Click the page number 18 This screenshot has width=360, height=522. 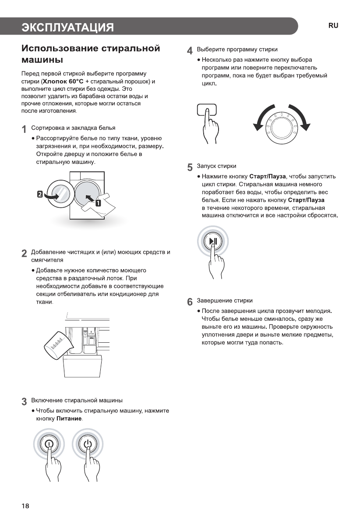[25, 506]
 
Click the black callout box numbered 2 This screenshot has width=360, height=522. [40, 194]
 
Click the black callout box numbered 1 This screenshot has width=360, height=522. [98, 202]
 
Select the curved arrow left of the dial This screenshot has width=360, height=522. [261, 119]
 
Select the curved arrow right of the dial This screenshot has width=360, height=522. [302, 119]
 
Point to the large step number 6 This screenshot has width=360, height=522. [190, 302]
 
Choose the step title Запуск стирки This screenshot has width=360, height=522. [217, 166]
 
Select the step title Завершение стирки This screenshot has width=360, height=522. [225, 301]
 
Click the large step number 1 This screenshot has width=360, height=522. [25, 129]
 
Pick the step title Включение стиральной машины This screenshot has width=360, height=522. [77, 401]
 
